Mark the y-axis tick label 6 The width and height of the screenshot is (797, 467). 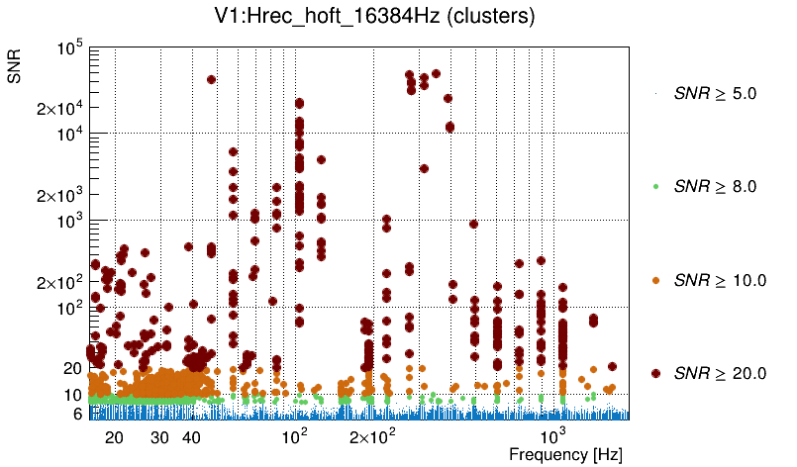tap(75, 415)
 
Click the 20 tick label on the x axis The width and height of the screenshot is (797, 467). tap(114, 437)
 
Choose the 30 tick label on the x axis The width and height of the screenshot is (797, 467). tap(160, 437)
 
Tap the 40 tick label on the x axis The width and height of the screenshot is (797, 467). tap(192, 437)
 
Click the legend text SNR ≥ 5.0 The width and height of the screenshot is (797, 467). tap(715, 94)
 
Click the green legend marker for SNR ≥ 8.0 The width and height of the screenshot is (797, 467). tap(655, 186)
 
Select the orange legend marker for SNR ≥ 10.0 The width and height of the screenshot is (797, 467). tap(655, 280)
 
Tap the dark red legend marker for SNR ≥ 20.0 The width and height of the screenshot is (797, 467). tap(655, 373)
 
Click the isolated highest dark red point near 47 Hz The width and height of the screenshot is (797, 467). tap(211, 79)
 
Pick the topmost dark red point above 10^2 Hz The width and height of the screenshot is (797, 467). tap(299, 103)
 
